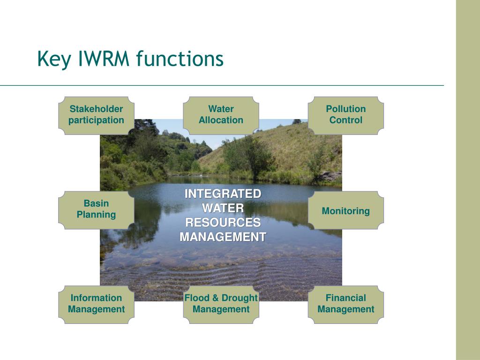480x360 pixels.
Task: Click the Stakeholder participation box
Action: click(x=96, y=115)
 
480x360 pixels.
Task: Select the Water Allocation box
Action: click(x=221, y=115)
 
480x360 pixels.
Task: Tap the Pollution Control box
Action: click(x=345, y=115)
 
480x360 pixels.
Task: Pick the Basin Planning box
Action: click(x=96, y=210)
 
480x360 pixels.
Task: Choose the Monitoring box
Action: click(x=345, y=211)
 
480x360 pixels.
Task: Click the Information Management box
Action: click(x=96, y=304)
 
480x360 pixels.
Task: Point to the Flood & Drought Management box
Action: click(x=221, y=304)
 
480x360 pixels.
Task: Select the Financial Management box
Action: click(x=345, y=304)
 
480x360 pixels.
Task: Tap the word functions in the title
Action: click(x=180, y=60)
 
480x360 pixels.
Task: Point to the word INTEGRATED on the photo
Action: click(x=223, y=194)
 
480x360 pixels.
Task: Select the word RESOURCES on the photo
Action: click(x=223, y=223)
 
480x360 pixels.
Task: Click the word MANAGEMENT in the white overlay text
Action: click(x=223, y=237)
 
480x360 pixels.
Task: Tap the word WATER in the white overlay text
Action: click(x=223, y=208)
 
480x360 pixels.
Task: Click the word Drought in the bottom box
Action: click(x=240, y=298)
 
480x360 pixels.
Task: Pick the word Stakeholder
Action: click(x=96, y=109)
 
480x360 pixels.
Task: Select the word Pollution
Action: click(x=345, y=109)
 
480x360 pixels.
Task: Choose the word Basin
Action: click(x=96, y=203)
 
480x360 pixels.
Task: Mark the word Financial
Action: click(x=345, y=298)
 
